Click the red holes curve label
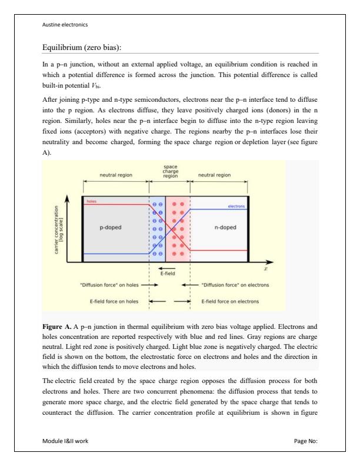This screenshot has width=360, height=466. coord(92,201)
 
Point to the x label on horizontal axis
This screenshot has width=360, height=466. coord(265,269)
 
